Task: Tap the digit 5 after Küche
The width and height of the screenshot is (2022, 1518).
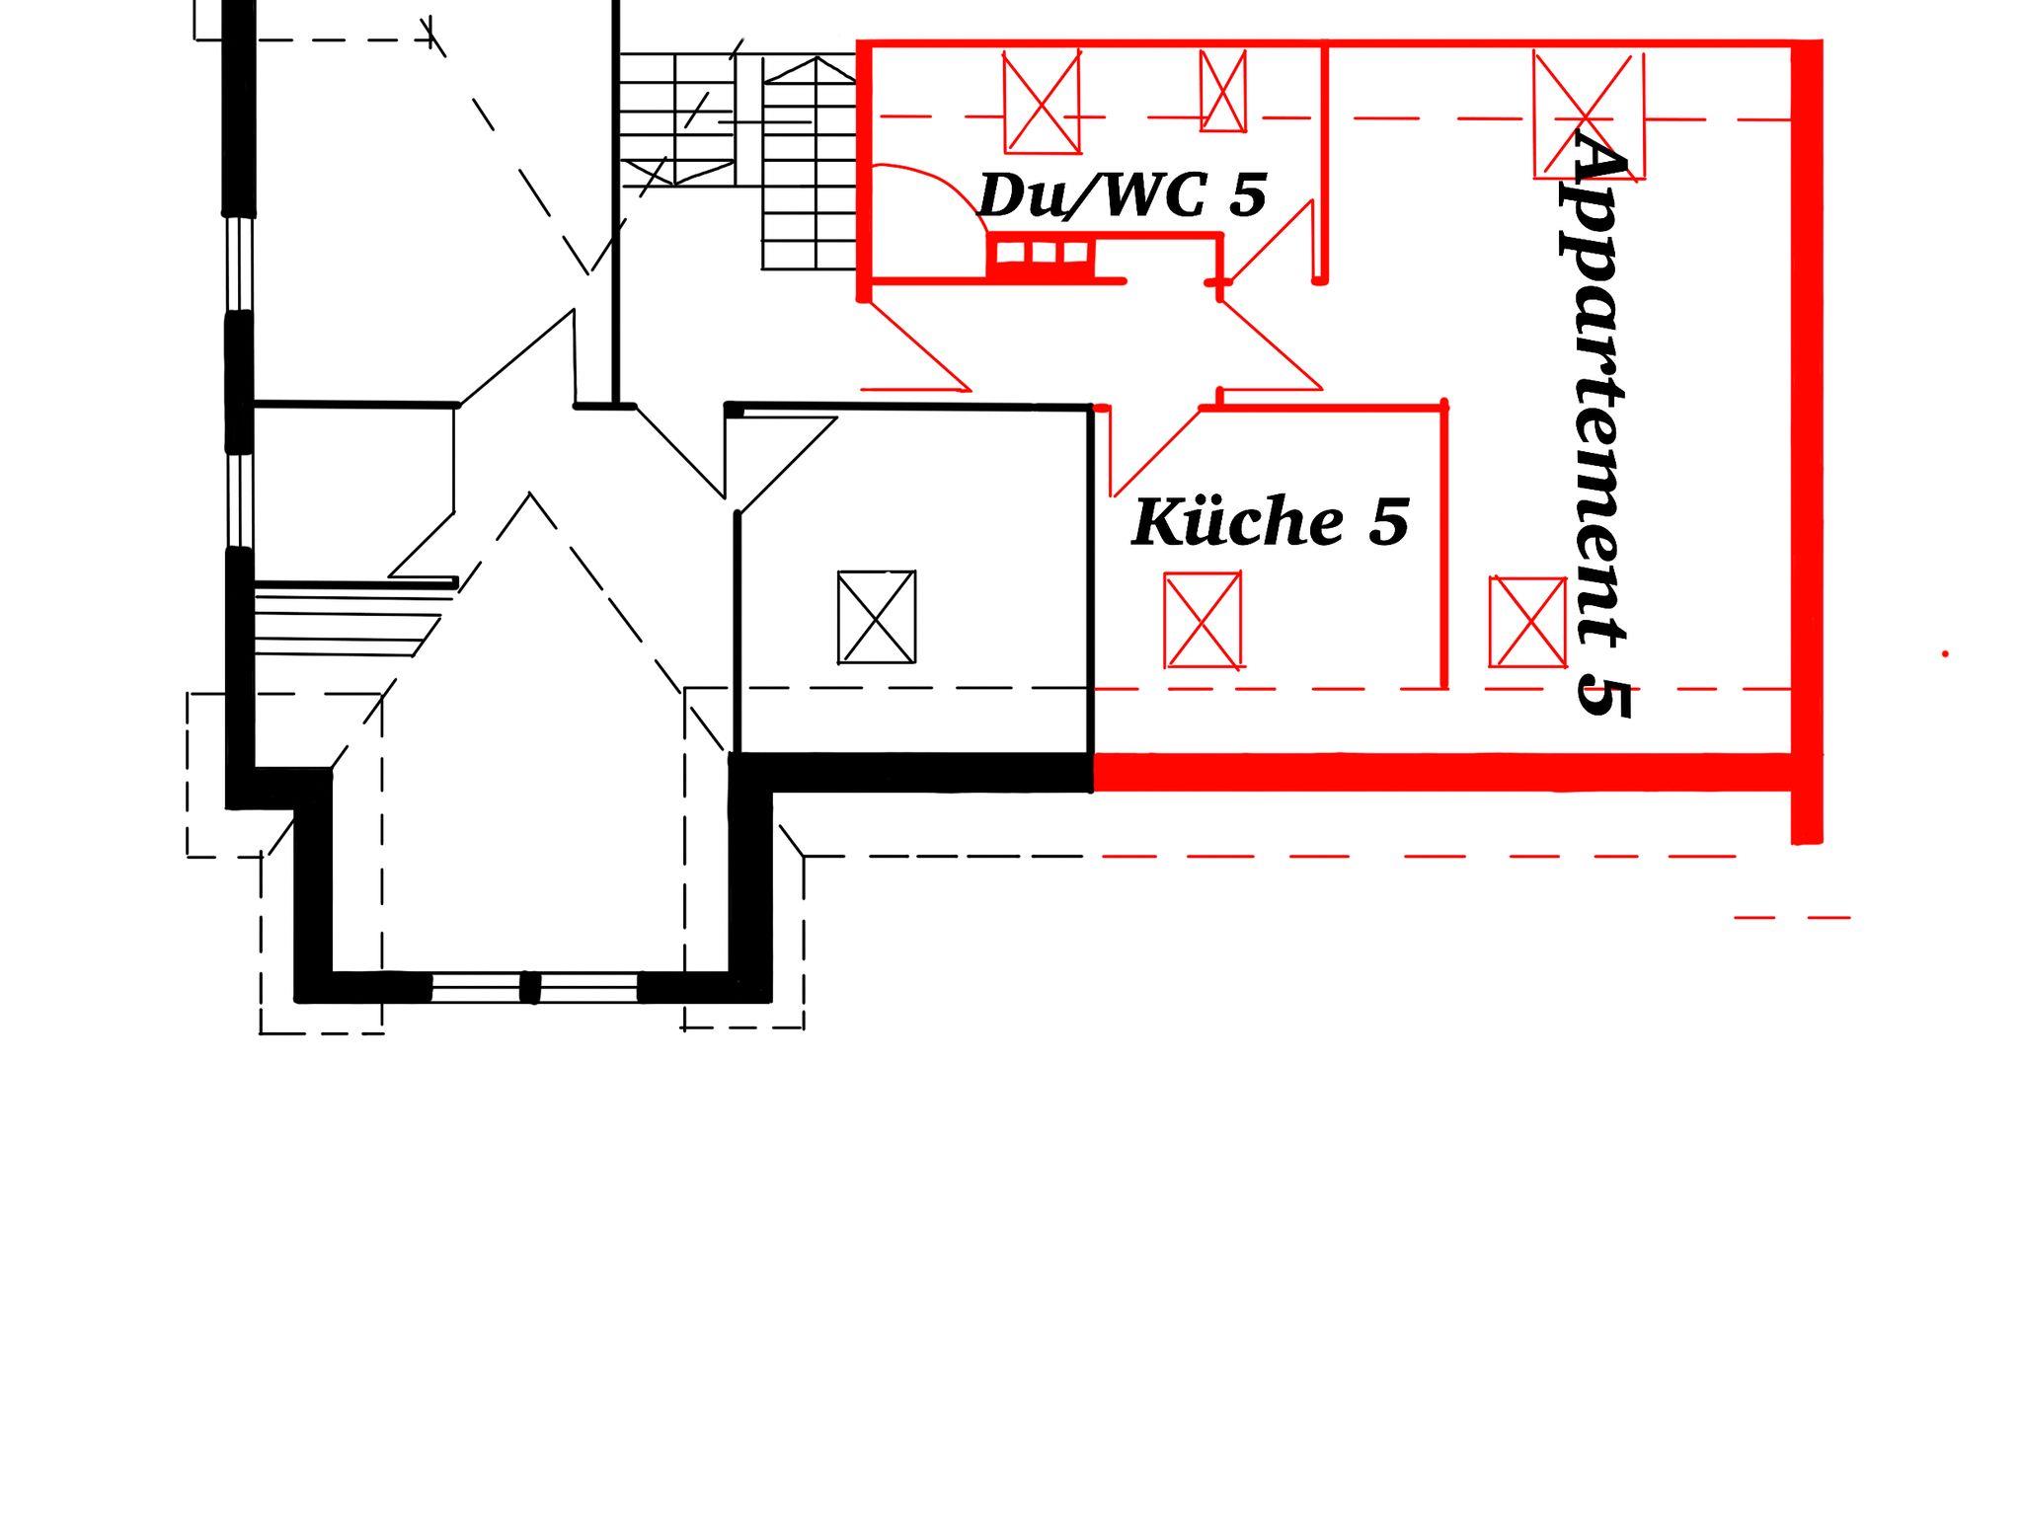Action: click(1388, 523)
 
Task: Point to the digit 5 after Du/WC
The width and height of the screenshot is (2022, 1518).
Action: click(1248, 195)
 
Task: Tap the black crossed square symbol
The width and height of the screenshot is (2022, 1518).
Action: click(877, 617)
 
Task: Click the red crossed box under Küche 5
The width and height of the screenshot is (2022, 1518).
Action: click(1203, 621)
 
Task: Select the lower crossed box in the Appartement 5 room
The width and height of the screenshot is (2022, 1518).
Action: click(1527, 622)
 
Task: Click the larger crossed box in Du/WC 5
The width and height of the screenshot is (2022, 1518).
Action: click(1042, 103)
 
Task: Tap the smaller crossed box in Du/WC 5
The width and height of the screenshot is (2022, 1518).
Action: click(1223, 91)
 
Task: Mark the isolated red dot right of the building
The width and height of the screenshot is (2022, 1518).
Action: click(1945, 653)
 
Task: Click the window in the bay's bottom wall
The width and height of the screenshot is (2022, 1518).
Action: click(534, 987)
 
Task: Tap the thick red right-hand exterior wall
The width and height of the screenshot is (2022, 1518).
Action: click(1807, 442)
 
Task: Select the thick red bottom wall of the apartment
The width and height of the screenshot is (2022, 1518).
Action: click(1442, 772)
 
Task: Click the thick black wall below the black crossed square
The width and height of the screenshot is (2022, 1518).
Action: click(912, 772)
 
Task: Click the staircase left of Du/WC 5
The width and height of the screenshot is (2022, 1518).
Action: click(738, 161)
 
